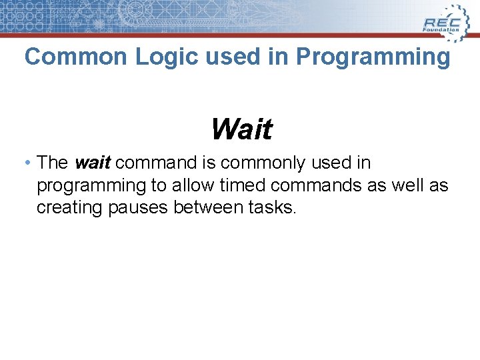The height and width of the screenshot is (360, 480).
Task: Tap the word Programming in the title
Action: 373,57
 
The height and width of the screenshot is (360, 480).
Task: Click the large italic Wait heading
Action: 241,129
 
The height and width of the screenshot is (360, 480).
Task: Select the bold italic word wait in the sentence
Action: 93,163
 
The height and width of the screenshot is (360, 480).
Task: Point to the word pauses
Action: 141,208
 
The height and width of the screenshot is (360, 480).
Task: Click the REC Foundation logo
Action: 443,20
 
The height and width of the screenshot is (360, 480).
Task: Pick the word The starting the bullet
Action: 53,163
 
